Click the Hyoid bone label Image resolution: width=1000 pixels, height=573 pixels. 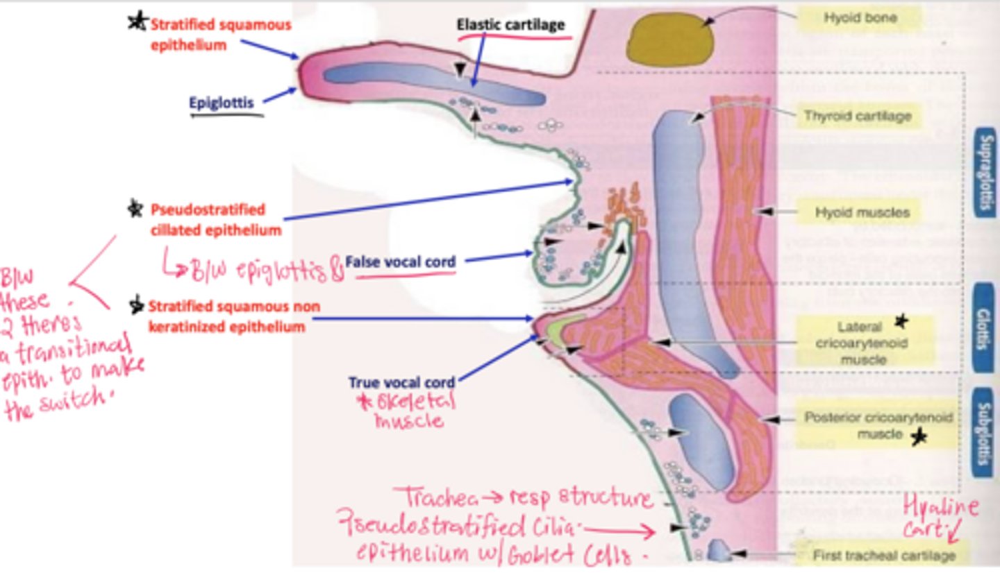(x=860, y=18)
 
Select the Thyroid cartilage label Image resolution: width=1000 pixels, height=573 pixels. (x=857, y=116)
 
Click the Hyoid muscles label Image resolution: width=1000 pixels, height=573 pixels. (x=862, y=212)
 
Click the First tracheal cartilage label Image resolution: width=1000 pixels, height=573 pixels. (x=883, y=555)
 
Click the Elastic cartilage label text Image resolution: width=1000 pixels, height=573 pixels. (x=510, y=25)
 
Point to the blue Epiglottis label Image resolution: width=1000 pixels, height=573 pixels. (x=222, y=103)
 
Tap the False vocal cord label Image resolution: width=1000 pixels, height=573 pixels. (x=400, y=262)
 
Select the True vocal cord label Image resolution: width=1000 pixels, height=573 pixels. (x=402, y=382)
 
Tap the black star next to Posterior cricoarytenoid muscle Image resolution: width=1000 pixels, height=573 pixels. (x=919, y=436)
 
